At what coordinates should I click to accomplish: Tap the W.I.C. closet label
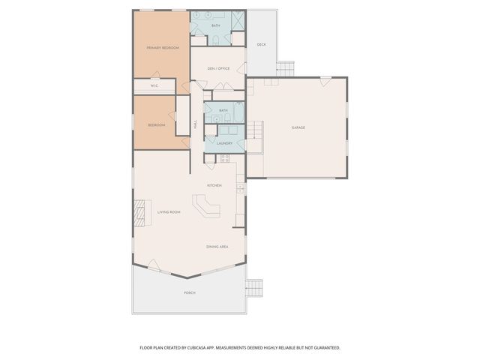click(154, 85)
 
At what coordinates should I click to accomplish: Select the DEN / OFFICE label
click(217, 69)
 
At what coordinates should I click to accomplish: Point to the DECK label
click(261, 44)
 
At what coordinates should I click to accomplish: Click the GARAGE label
click(298, 127)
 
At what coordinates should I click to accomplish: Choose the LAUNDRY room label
click(223, 142)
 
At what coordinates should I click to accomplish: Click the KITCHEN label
click(215, 185)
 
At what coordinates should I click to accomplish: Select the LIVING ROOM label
click(169, 212)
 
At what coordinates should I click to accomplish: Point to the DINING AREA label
click(217, 246)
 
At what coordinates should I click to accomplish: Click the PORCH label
click(189, 292)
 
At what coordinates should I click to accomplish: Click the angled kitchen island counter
click(205, 205)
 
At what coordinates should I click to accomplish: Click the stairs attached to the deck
click(286, 69)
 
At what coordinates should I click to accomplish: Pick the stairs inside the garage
click(256, 136)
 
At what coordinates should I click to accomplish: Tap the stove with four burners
click(224, 157)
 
